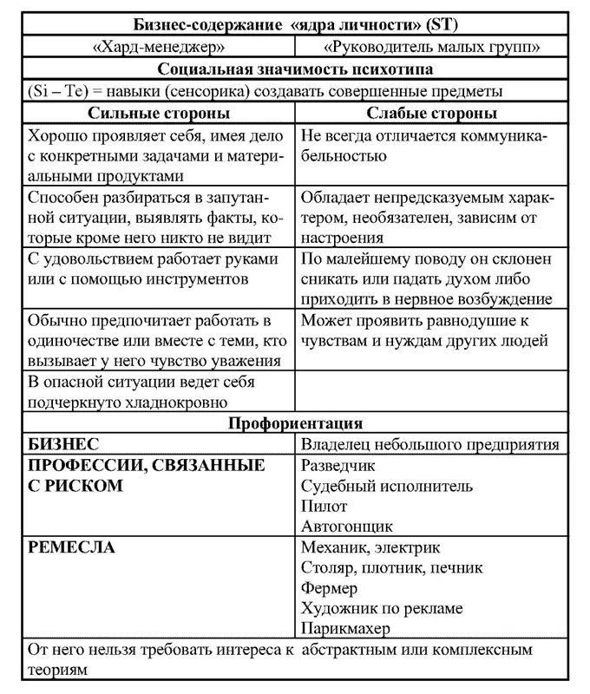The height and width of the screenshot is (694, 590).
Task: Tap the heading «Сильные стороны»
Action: click(x=159, y=114)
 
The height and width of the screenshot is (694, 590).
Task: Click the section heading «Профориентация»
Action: click(x=295, y=423)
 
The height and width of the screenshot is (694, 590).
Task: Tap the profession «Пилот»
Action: click(x=324, y=506)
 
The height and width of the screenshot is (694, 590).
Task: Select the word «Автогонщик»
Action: click(x=346, y=526)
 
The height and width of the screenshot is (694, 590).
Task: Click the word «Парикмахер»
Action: click(x=345, y=629)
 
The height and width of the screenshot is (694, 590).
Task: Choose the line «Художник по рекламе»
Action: click(x=382, y=608)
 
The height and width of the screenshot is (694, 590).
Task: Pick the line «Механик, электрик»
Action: click(x=370, y=547)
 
